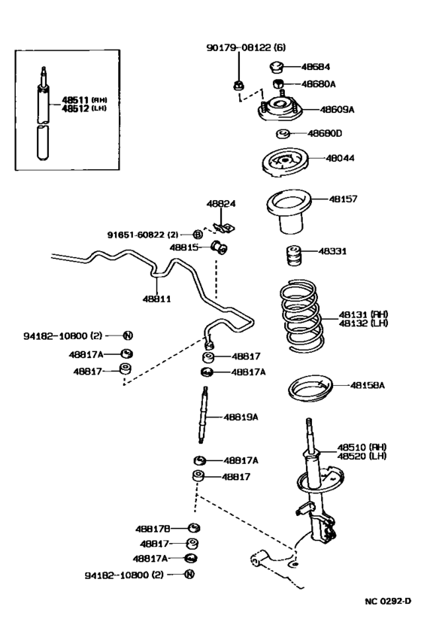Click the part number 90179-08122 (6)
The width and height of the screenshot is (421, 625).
click(245, 47)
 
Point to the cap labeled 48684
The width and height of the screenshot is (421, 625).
click(277, 67)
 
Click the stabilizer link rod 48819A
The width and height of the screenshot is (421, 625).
click(204, 416)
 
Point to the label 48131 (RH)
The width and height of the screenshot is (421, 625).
click(362, 315)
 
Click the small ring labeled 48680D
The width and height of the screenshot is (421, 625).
click(283, 135)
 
